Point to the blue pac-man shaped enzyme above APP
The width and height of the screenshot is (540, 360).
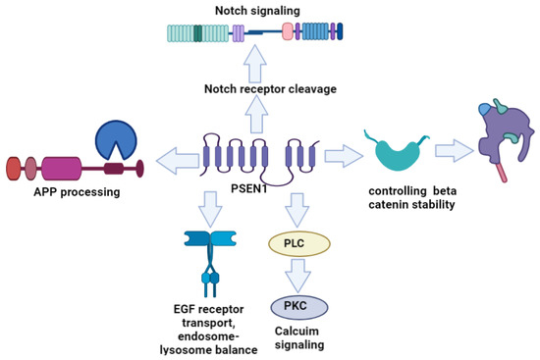point(118,139)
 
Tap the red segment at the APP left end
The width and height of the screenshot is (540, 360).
point(14,168)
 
